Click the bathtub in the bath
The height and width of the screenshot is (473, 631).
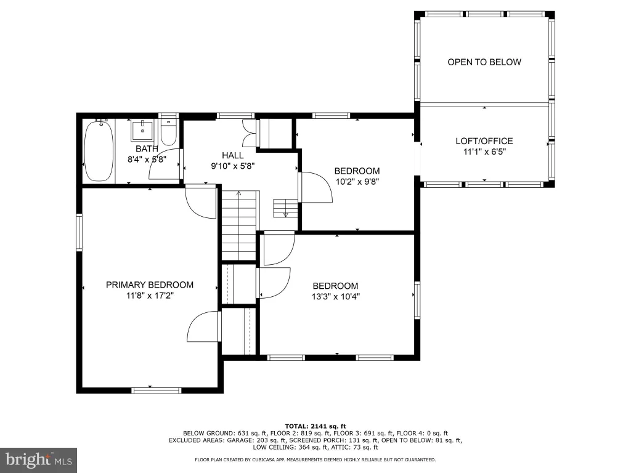pyautogui.click(x=99, y=150)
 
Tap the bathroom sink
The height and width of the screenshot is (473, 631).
pyautogui.click(x=142, y=130)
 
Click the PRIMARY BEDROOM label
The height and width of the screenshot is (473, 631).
pyautogui.click(x=150, y=285)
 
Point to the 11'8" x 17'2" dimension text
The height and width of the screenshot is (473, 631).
pyautogui.click(x=150, y=296)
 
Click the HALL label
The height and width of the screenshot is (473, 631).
pyautogui.click(x=232, y=155)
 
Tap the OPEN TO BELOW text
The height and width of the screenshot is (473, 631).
pyautogui.click(x=484, y=62)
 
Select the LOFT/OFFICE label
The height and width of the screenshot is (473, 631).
pyautogui.click(x=484, y=141)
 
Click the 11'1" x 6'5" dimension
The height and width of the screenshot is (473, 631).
pyautogui.click(x=484, y=152)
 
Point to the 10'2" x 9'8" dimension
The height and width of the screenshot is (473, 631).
pyautogui.click(x=357, y=182)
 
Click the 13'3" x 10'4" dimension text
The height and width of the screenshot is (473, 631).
pyautogui.click(x=336, y=297)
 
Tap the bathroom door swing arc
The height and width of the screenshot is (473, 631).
pyautogui.click(x=155, y=166)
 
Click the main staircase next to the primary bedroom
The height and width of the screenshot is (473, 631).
pyautogui.click(x=239, y=225)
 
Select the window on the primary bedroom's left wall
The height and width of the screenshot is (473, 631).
pyautogui.click(x=79, y=233)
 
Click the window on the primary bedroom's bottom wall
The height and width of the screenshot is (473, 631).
pyautogui.click(x=157, y=390)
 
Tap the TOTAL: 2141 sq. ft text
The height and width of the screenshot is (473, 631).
pyautogui.click(x=315, y=426)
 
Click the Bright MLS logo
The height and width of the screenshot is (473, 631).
pyautogui.click(x=38, y=460)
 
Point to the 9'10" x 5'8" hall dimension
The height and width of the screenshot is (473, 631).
pyautogui.click(x=232, y=166)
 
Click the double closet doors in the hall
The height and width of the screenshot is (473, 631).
pyautogui.click(x=249, y=133)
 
